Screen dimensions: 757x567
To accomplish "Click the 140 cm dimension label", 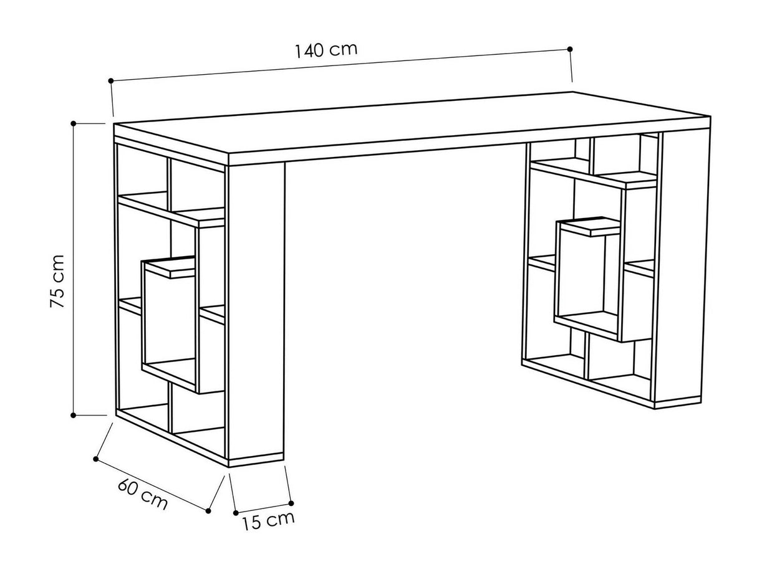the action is click(326, 50).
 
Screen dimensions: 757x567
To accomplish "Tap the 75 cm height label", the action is click(57, 281).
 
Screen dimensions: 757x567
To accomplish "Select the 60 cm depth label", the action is click(142, 494).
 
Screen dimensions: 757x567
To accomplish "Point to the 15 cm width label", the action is click(268, 520).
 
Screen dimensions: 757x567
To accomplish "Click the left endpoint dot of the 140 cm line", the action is click(111, 80).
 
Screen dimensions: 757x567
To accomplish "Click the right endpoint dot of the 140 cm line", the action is click(570, 49).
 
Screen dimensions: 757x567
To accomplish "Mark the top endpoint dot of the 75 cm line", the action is click(73, 123).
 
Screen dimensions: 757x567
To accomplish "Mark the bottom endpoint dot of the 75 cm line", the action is click(73, 415).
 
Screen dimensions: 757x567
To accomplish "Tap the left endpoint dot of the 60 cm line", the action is click(96, 459).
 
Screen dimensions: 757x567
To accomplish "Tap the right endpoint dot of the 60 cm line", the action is click(208, 511).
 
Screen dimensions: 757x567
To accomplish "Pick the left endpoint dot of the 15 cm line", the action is click(236, 513).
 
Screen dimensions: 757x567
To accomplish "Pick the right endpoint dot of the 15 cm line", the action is click(291, 503).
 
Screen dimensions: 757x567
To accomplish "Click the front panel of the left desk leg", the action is click(256, 312).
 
